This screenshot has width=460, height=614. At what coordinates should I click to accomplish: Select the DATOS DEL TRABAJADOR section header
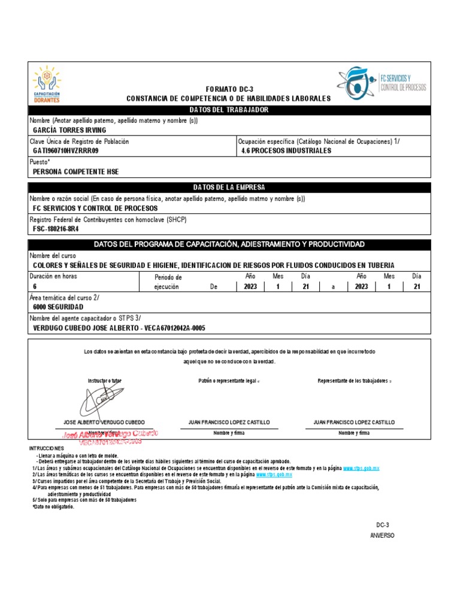click(x=229, y=110)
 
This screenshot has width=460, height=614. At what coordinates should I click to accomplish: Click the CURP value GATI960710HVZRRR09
click(x=65, y=151)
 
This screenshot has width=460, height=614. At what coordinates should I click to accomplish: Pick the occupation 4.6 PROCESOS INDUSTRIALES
click(x=286, y=151)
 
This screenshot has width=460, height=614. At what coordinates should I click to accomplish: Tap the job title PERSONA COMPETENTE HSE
click(x=75, y=172)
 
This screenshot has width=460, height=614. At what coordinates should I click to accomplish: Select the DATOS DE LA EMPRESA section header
click(x=229, y=188)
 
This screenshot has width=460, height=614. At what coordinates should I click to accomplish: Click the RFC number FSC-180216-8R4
click(x=56, y=229)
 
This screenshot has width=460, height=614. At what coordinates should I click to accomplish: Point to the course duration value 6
click(x=35, y=287)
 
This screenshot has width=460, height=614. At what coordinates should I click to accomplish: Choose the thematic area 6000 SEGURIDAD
click(x=58, y=307)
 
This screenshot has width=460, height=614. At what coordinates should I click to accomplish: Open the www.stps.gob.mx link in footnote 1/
click(x=361, y=468)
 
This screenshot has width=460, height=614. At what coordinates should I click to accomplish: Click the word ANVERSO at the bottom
click(x=382, y=535)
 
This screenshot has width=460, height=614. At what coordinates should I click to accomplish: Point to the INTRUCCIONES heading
click(x=46, y=449)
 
